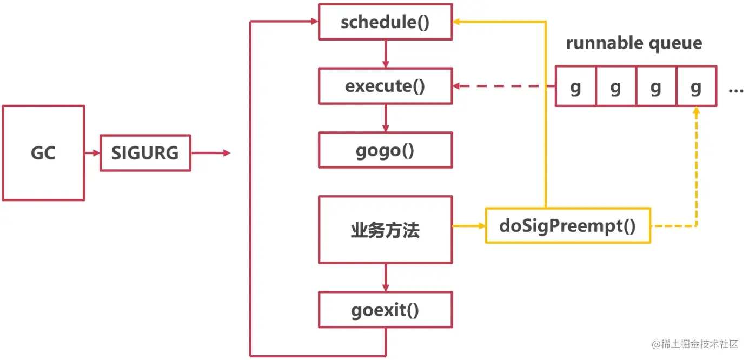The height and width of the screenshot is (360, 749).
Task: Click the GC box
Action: pyautogui.click(x=43, y=153)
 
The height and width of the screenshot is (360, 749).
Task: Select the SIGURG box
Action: pyautogui.click(x=145, y=153)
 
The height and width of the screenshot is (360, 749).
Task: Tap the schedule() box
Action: pyautogui.click(x=385, y=22)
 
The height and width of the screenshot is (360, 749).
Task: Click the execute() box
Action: pyautogui.click(x=385, y=86)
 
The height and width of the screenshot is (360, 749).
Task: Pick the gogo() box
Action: pyautogui.click(x=385, y=150)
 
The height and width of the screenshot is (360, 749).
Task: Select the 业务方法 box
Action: pyautogui.click(x=385, y=230)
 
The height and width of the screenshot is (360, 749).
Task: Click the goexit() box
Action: pyautogui.click(x=385, y=310)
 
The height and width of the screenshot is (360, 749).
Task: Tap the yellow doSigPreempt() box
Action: pyautogui.click(x=567, y=225)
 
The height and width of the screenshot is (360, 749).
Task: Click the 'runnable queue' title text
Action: pyautogui.click(x=634, y=43)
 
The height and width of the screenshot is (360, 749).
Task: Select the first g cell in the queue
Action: pyautogui.click(x=575, y=86)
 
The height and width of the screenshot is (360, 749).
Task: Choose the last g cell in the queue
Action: pyautogui.click(x=696, y=86)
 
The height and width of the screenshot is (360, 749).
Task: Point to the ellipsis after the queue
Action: pyautogui.click(x=736, y=90)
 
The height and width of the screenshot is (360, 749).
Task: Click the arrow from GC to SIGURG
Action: pyautogui.click(x=92, y=153)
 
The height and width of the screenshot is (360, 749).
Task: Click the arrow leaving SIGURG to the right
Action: pyautogui.click(x=210, y=153)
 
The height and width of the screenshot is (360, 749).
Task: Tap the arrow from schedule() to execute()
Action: pyautogui.click(x=385, y=54)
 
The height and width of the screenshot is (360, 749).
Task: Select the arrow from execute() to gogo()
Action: pyautogui.click(x=385, y=118)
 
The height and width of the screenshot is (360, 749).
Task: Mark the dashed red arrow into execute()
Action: pyautogui.click(x=503, y=86)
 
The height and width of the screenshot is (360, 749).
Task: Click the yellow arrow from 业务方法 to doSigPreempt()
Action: pyautogui.click(x=468, y=226)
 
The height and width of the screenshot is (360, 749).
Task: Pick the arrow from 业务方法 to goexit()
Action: pyautogui.click(x=385, y=277)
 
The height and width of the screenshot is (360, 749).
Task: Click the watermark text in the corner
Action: pyautogui.click(x=695, y=344)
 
